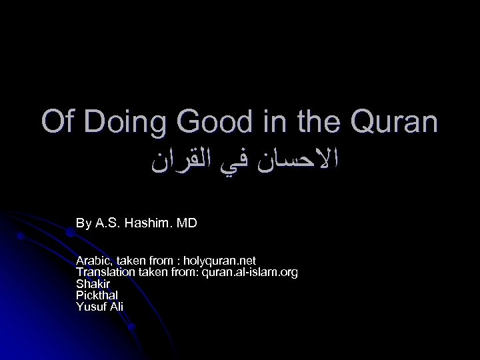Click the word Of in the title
coord(55,123)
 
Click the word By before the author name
coord(83,223)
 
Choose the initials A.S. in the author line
coord(107,223)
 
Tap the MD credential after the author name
coord(186,223)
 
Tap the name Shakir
coord(91,283)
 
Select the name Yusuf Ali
coord(100,307)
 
